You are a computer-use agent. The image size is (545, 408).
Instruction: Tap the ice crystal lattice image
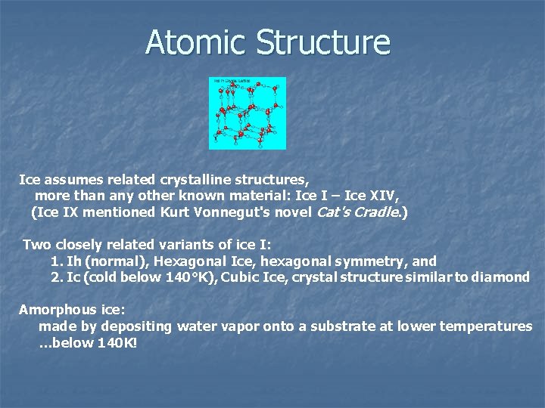(248, 113)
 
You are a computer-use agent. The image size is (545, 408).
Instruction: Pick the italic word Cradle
(381, 212)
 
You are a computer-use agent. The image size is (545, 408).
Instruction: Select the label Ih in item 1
(73, 261)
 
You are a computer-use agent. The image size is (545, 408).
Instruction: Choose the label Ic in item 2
(73, 277)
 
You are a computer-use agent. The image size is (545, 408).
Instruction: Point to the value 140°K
(175, 277)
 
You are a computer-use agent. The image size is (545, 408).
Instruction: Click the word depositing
(127, 326)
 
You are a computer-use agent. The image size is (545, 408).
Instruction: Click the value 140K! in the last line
(117, 343)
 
